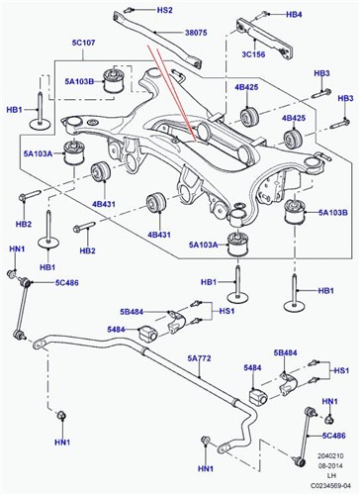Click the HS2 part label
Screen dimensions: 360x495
[x=164, y=10]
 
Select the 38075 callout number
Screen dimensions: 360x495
[x=195, y=33]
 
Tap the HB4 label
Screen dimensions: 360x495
[x=294, y=15]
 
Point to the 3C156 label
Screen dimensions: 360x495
[x=253, y=54]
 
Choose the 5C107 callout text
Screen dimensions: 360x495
[x=83, y=43]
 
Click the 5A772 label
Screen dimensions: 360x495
[x=199, y=358]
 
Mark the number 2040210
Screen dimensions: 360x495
[x=330, y=456]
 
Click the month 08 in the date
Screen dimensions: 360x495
[x=321, y=466]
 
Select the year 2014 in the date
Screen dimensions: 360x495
[x=335, y=466]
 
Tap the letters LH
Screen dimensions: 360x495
[x=330, y=476]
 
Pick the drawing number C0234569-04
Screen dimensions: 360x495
[x=330, y=486]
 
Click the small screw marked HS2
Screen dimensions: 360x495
[x=130, y=10]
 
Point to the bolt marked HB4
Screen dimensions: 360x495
[x=262, y=15]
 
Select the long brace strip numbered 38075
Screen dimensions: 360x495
[x=157, y=39]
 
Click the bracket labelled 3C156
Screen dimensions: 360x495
[x=264, y=39]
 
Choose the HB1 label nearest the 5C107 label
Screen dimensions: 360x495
[x=15, y=110]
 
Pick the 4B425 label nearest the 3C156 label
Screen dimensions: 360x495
[x=246, y=87]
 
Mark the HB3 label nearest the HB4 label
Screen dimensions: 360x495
[x=321, y=73]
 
